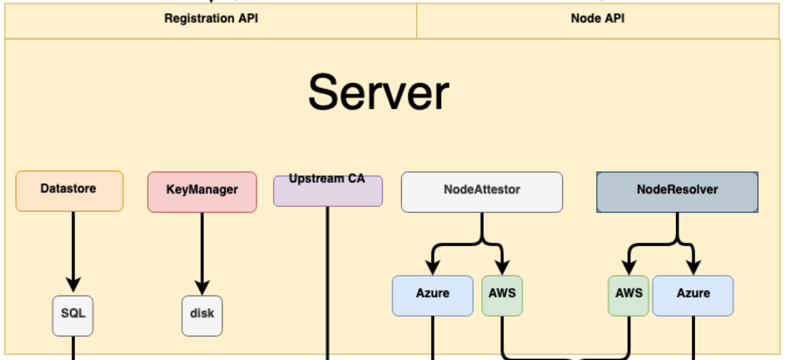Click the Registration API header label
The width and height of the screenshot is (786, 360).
pyautogui.click(x=211, y=18)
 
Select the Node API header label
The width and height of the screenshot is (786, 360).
pyautogui.click(x=597, y=18)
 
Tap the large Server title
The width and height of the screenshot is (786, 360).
pyautogui.click(x=378, y=92)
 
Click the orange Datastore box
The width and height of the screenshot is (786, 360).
pyautogui.click(x=69, y=191)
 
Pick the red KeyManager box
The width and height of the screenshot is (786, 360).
pyautogui.click(x=202, y=192)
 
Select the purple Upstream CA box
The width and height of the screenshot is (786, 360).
pyautogui.click(x=327, y=191)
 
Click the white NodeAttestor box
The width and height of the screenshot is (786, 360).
pyautogui.click(x=482, y=192)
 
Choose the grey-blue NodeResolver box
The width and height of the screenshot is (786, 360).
pyautogui.click(x=677, y=192)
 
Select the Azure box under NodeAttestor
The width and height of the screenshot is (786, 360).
pyautogui.click(x=433, y=295)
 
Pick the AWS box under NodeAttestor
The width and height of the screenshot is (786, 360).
pyautogui.click(x=502, y=295)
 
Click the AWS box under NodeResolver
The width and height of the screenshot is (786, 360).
pyautogui.click(x=628, y=295)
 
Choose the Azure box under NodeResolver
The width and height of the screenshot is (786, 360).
pyautogui.click(x=693, y=295)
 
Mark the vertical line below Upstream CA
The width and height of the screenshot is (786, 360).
pyautogui.click(x=328, y=283)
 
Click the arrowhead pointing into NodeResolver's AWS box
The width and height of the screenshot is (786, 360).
pyautogui.click(x=628, y=267)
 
